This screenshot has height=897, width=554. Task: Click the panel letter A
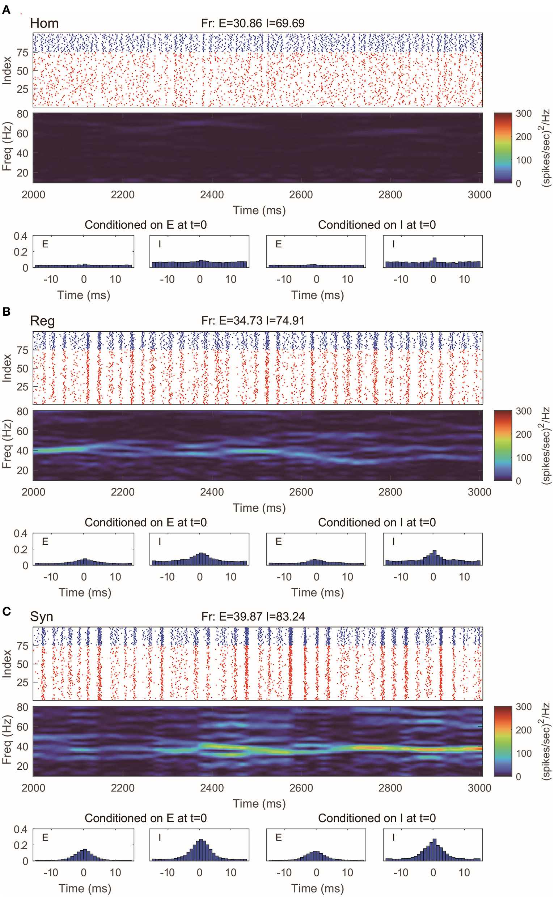tap(6, 10)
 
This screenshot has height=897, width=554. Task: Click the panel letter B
tap(6, 311)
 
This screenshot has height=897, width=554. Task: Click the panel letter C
tap(6, 611)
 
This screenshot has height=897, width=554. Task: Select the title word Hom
tap(45, 24)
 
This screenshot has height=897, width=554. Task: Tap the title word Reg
tap(42, 321)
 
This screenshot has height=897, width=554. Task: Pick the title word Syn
tap(41, 617)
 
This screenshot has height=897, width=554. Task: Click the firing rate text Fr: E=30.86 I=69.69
tap(253, 24)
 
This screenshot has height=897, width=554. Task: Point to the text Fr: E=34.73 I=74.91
tap(253, 321)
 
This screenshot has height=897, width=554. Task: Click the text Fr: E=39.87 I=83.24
tap(253, 617)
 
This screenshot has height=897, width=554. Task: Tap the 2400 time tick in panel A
tap(212, 195)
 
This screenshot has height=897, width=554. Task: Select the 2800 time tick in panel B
tap(390, 492)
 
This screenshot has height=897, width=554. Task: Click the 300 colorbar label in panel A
tap(524, 114)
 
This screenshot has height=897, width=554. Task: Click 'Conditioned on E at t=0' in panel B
tap(145, 522)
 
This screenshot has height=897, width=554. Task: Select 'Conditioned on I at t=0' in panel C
tap(377, 818)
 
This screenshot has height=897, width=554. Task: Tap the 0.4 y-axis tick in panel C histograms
tap(21, 830)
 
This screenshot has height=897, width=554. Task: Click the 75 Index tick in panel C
tap(23, 646)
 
